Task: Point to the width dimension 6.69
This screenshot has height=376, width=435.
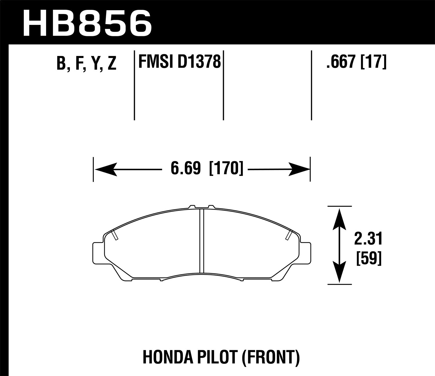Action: [186, 169]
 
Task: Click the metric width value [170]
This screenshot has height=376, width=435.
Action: [226, 169]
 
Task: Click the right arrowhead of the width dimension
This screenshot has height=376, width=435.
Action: [299, 169]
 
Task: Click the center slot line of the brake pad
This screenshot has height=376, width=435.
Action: [202, 241]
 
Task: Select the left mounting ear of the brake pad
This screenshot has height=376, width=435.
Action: [98, 250]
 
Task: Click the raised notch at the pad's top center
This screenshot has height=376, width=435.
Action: [202, 207]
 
